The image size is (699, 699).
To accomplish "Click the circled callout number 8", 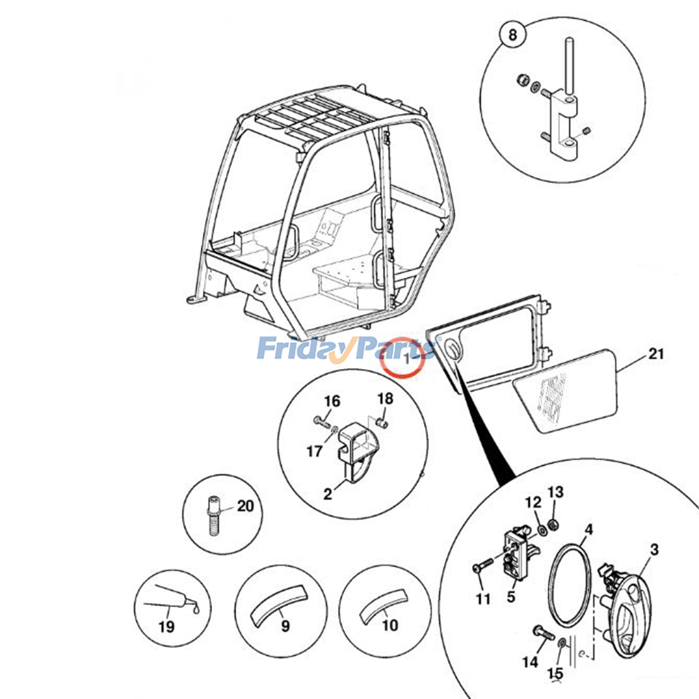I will point(512,34).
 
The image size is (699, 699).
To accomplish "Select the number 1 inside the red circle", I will point(406,359).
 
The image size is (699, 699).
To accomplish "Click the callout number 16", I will point(332,401).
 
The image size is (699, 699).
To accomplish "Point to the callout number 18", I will point(385,398).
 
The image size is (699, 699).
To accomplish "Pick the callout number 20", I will point(245,506).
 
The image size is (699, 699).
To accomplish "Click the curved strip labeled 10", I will point(383,603).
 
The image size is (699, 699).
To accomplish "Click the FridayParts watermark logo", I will point(345,348).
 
